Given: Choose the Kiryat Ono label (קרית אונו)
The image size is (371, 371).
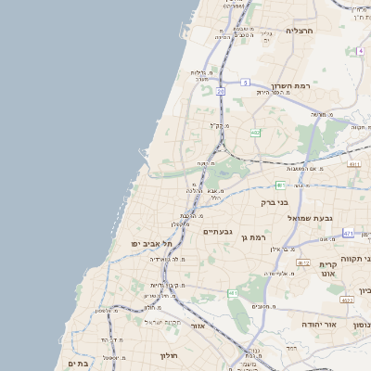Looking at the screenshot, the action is coord(328,269).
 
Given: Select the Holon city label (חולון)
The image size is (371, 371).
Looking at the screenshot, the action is coord(169,355).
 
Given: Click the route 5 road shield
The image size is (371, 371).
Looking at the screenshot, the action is coord(245,83).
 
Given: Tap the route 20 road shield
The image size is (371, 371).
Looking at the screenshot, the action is coord(221,92).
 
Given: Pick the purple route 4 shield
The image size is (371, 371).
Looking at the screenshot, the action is coord(360,52).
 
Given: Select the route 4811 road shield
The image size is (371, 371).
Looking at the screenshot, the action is coord(353,164).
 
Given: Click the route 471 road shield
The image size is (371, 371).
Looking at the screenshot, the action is coord(348,233).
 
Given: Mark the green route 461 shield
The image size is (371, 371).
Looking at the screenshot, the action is coord(233,294).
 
